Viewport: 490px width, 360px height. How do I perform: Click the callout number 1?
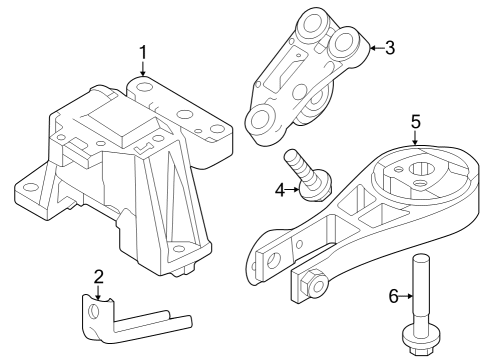[x=143, y=51]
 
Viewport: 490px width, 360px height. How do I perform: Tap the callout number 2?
[x=98, y=277]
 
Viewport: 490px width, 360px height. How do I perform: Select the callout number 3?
[x=390, y=45]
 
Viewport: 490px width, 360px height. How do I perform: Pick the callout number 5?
[x=415, y=121]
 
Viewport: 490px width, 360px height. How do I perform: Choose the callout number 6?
[x=394, y=296]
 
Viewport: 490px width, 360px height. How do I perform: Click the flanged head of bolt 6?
[x=418, y=344]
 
